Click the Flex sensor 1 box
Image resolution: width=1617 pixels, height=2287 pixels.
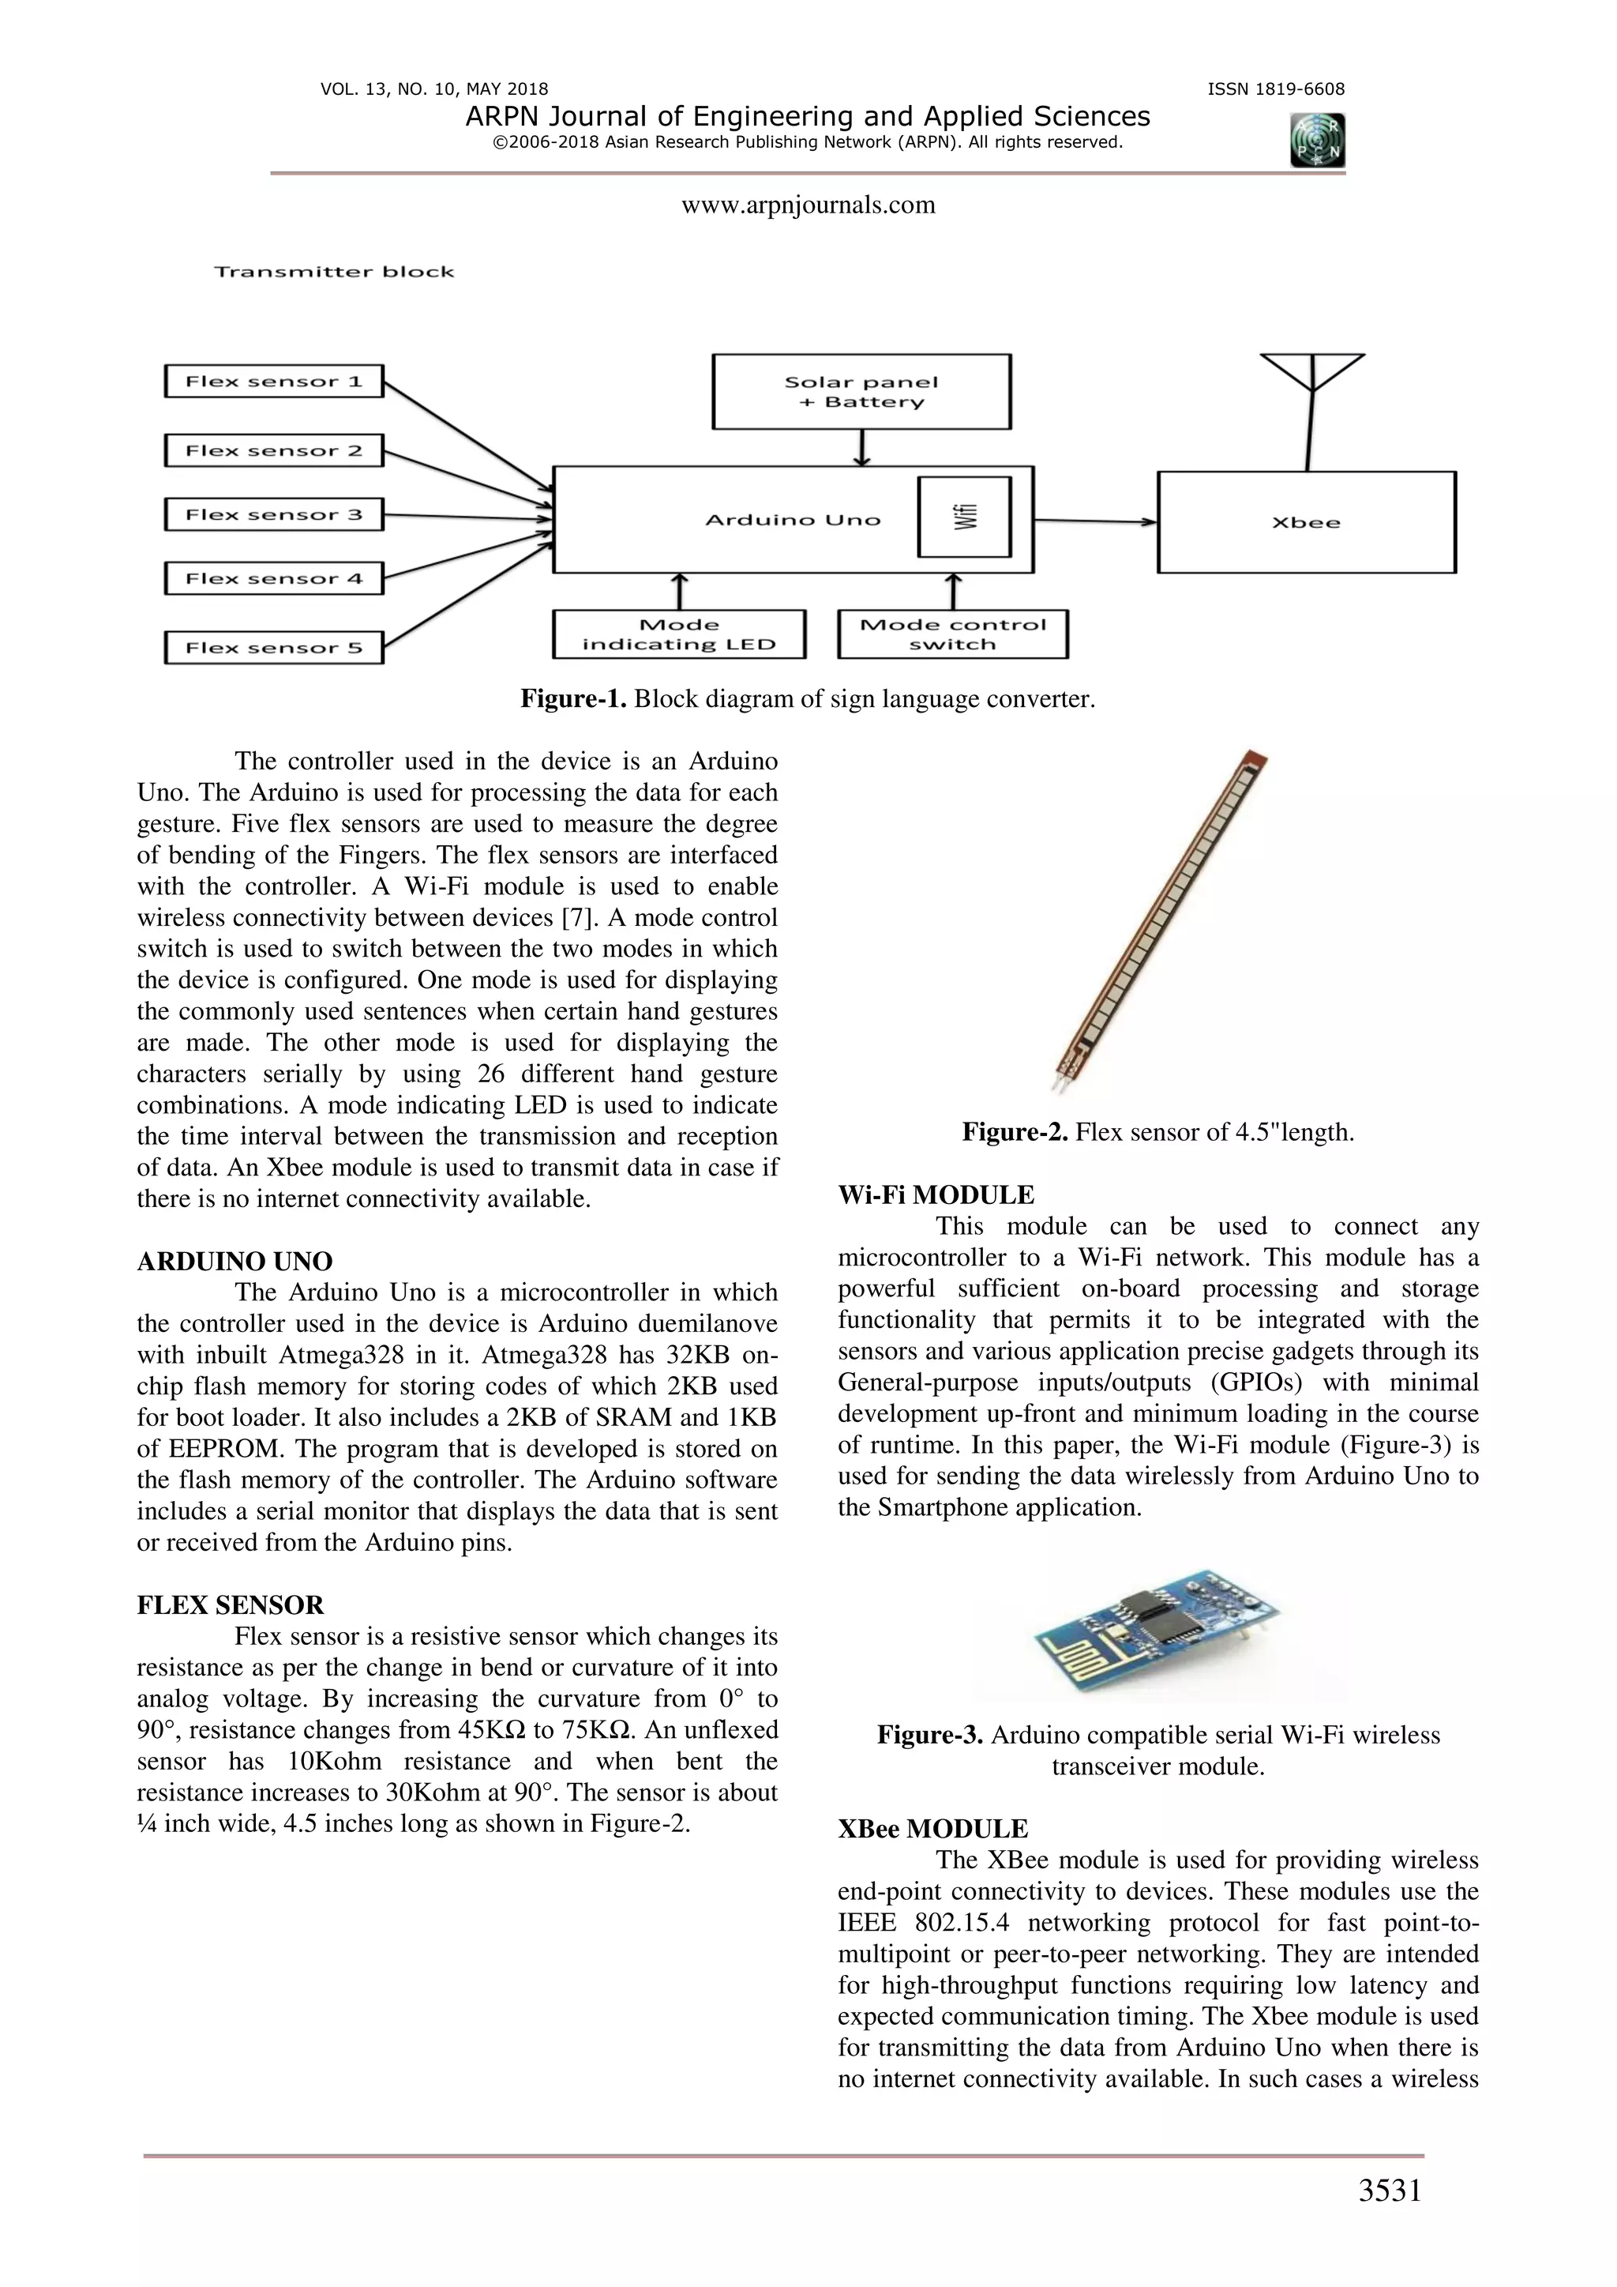click(x=274, y=382)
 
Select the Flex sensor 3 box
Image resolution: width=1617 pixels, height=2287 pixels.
click(x=274, y=515)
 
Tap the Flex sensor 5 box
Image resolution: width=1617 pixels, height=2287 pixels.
click(x=274, y=648)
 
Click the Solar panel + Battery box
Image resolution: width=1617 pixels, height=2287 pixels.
click(x=861, y=393)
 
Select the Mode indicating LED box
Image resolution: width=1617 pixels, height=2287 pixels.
click(x=678, y=634)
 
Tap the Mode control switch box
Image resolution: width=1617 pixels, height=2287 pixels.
click(x=952, y=634)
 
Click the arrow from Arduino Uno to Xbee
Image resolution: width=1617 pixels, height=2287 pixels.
click(x=1095, y=521)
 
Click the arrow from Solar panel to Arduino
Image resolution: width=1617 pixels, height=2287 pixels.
click(x=862, y=448)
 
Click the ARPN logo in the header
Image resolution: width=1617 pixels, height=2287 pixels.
click(x=1317, y=141)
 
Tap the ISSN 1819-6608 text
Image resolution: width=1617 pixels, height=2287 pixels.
click(x=1275, y=88)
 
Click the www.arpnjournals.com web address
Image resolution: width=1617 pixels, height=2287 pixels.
click(x=808, y=205)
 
